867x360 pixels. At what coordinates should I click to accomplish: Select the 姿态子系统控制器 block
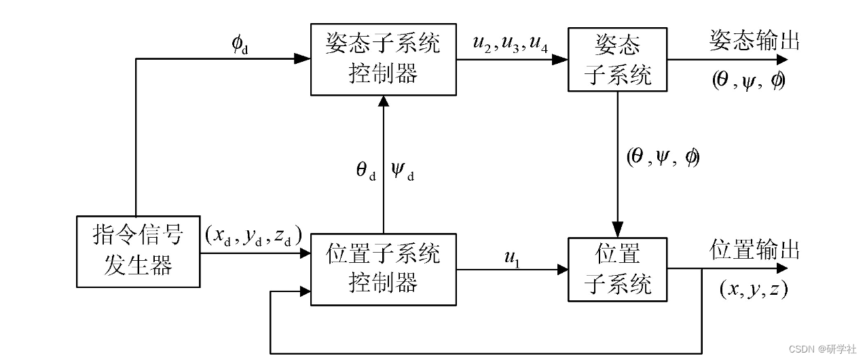(384, 59)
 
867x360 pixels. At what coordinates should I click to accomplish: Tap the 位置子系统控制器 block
(384, 269)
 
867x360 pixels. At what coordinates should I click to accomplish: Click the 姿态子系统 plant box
(618, 60)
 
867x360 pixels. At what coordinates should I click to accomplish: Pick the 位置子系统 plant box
(618, 269)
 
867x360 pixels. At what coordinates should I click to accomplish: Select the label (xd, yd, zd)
(253, 236)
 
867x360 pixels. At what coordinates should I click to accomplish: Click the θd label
(366, 170)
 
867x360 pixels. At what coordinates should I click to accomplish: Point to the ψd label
(403, 170)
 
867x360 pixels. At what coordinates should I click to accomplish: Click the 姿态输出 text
(754, 41)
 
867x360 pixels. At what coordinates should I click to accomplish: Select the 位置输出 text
(754, 249)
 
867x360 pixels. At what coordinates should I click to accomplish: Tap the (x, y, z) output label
(753, 289)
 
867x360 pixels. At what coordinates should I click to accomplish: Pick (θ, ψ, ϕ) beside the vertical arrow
(663, 158)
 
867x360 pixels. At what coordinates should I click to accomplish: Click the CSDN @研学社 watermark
(824, 348)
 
